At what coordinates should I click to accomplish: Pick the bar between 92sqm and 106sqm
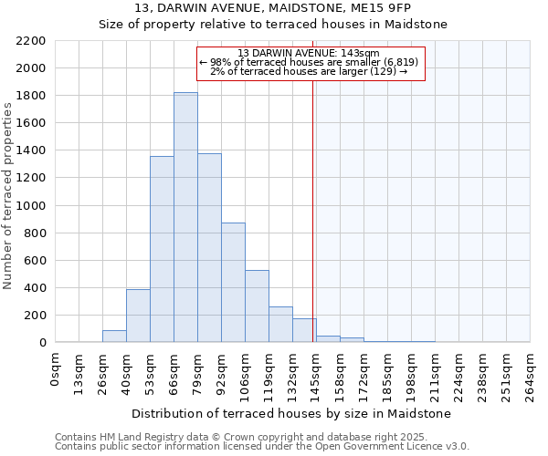(x=233, y=283)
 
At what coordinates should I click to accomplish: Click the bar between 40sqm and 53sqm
(x=138, y=316)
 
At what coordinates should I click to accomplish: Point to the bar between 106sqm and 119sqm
(x=257, y=306)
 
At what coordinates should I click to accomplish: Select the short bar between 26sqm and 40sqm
(x=114, y=337)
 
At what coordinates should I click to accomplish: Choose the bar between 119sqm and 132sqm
(x=280, y=325)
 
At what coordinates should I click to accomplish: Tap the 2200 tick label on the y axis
(x=31, y=41)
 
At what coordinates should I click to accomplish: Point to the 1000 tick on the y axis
(x=31, y=206)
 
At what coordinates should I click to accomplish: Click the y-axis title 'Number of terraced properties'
(x=8, y=196)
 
